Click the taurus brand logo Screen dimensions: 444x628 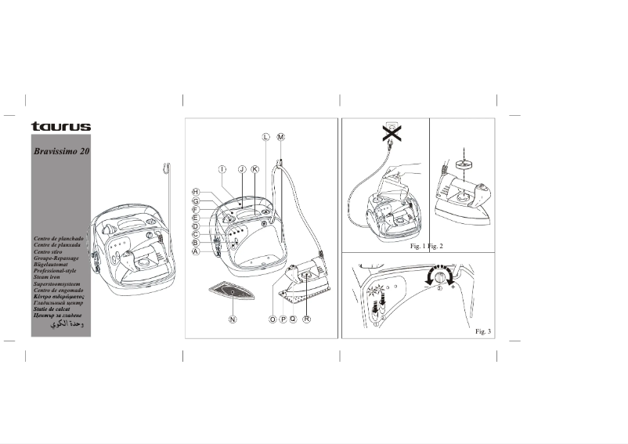pyautogui.click(x=60, y=127)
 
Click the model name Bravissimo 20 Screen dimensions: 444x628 pyautogui.click(x=61, y=151)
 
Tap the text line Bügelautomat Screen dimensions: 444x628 pyautogui.click(x=53, y=264)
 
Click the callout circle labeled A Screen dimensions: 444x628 pyautogui.click(x=196, y=252)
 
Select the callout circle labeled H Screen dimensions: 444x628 pyautogui.click(x=197, y=193)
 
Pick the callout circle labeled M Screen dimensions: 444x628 pyautogui.click(x=281, y=136)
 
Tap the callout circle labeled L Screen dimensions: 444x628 pyautogui.click(x=266, y=136)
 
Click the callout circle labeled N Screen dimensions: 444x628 pyautogui.click(x=233, y=319)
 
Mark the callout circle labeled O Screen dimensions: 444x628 pyautogui.click(x=273, y=319)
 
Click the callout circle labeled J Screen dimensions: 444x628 pyautogui.click(x=242, y=169)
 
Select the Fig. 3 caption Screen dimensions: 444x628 pyautogui.click(x=483, y=332)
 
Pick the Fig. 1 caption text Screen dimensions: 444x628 pyautogui.click(x=418, y=247)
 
